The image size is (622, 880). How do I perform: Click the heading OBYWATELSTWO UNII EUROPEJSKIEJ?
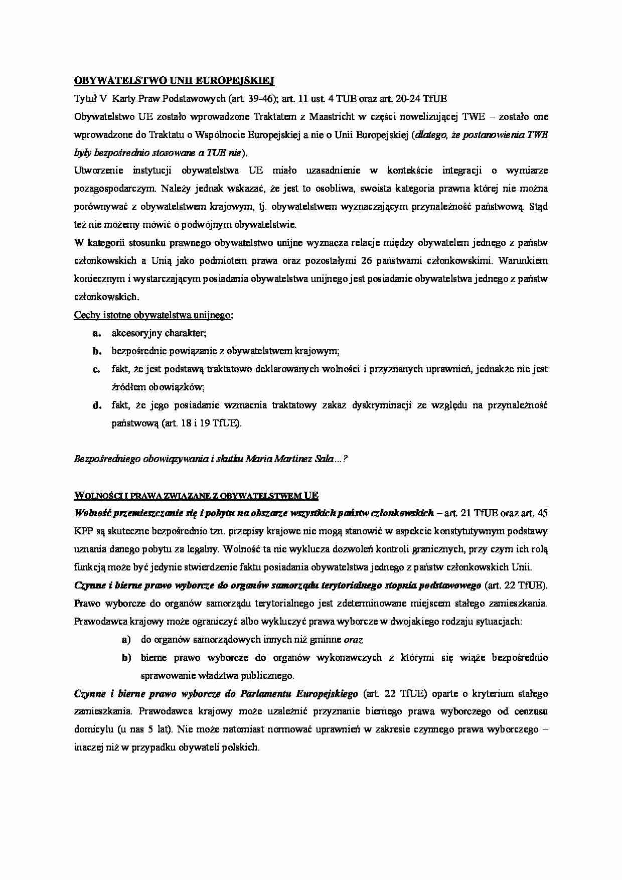(174, 80)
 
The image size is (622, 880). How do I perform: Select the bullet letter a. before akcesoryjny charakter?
(97, 333)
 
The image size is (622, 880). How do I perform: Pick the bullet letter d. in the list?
(97, 405)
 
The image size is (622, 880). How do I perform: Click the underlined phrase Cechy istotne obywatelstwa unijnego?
(152, 315)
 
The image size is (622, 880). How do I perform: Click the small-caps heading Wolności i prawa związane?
(196, 496)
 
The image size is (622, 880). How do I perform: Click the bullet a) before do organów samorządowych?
(126, 640)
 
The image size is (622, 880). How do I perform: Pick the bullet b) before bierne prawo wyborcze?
(126, 658)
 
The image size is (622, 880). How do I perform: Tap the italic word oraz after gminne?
(353, 640)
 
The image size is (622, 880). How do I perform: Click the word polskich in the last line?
(242, 747)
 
